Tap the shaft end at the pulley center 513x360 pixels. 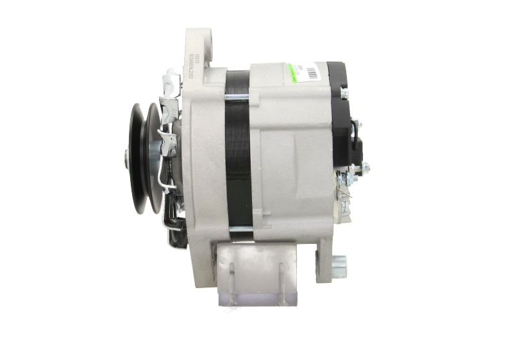(126, 155)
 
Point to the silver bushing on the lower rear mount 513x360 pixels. (339, 262)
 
